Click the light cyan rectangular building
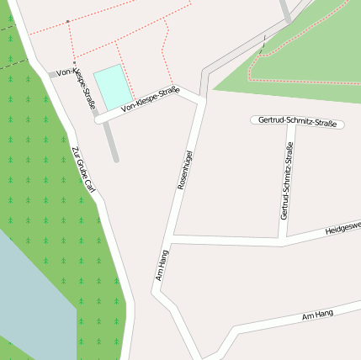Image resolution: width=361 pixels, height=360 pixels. coord(114,86)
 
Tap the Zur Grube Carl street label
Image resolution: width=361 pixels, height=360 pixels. coord(84,176)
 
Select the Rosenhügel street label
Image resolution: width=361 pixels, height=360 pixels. coord(185,169)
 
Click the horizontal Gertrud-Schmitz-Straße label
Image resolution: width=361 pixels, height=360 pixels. coord(298,122)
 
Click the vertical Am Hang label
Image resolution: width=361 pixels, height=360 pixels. coord(162,264)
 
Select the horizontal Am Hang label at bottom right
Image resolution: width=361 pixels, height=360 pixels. coord(318,314)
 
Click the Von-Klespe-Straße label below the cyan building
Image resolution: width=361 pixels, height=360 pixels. coord(150,100)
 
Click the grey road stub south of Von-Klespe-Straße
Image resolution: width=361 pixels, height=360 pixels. coord(112,143)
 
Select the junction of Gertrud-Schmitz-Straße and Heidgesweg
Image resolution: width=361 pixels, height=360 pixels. coord(283,236)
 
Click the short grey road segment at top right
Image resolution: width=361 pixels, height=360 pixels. coord(286,12)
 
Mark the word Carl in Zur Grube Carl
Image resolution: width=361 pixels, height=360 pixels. coord(90,193)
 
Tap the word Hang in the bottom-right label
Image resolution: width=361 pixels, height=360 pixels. coord(326,313)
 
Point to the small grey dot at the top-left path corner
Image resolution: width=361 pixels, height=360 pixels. coord(67,21)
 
